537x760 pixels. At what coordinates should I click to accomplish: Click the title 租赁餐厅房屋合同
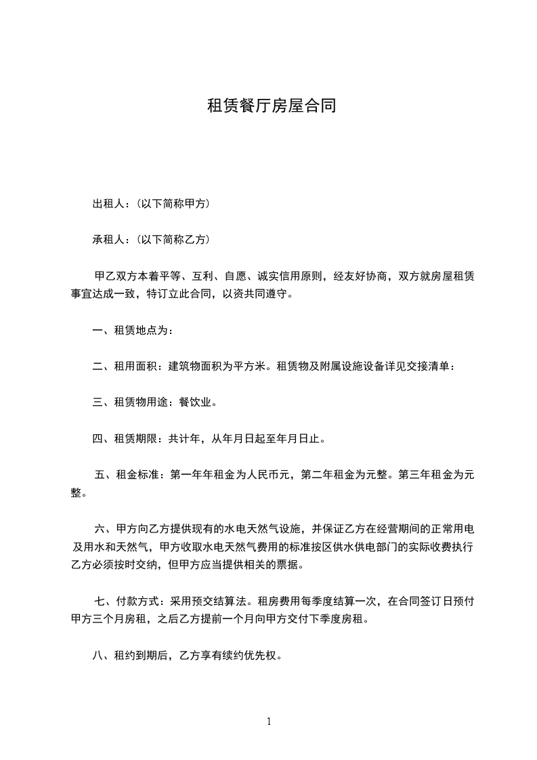pyautogui.click(x=271, y=106)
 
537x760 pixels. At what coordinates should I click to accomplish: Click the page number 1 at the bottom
pyautogui.click(x=269, y=721)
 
